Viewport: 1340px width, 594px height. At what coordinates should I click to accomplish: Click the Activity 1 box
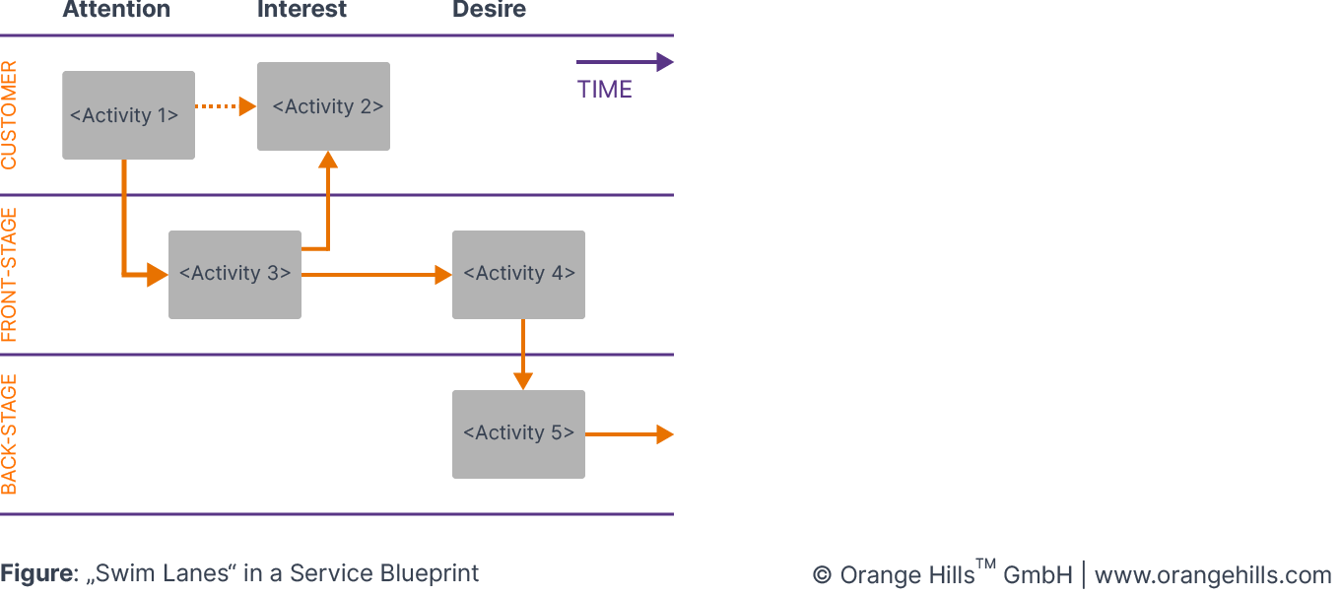[128, 115]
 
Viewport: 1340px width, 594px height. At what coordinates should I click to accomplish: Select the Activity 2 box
[323, 106]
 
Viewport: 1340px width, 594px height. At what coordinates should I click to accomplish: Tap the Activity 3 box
[234, 275]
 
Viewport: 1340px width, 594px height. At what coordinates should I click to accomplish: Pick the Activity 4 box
[518, 275]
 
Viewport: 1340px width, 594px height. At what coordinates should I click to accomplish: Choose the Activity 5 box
[518, 434]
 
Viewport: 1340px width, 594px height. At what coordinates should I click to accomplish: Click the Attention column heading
[116, 11]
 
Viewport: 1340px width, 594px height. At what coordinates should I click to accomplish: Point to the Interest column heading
[301, 11]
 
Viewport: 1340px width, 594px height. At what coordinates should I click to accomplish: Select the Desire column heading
[489, 11]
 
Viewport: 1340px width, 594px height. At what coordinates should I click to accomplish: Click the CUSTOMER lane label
[10, 115]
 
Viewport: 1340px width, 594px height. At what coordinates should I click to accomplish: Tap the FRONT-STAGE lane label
[10, 275]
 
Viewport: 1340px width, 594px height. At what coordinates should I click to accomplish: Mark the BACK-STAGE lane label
[10, 434]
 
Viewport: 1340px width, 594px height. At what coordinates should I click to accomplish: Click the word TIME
[604, 90]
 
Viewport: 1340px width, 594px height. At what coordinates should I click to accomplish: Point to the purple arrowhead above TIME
[665, 62]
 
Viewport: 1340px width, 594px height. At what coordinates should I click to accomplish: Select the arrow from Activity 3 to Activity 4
[374, 275]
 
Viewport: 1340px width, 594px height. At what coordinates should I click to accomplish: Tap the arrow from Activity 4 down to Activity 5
[522, 355]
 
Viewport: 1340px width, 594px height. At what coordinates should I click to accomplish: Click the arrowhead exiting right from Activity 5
[665, 434]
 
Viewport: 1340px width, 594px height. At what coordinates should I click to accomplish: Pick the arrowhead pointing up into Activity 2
[328, 160]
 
